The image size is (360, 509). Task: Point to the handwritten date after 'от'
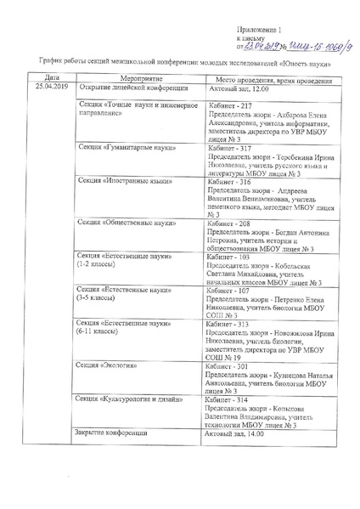262,48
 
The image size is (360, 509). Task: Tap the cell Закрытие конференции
111,434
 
